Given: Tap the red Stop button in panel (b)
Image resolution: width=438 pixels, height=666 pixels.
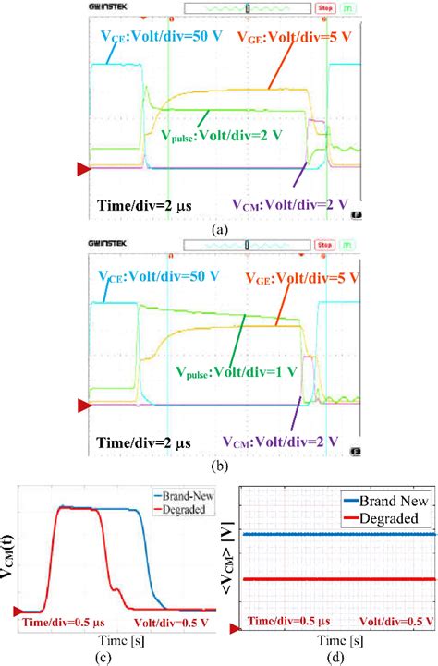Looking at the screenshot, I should click(x=324, y=246).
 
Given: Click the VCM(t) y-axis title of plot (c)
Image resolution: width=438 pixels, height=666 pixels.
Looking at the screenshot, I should click(x=10, y=554).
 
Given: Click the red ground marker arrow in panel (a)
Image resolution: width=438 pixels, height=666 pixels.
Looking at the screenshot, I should click(x=83, y=168).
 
